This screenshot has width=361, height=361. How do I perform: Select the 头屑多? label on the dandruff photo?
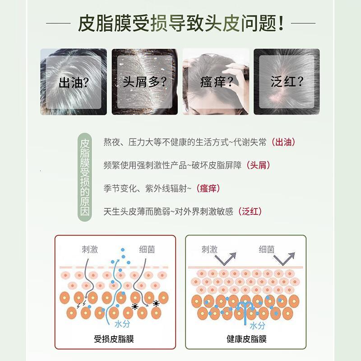click(144, 82)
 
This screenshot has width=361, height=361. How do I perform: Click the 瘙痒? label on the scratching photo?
click(216, 82)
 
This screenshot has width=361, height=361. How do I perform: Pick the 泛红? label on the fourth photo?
click(287, 82)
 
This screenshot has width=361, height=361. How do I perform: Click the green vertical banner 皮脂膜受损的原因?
click(85, 176)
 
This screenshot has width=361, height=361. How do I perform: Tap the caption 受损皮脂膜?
click(114, 338)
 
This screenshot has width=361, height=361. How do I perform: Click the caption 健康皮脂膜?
click(246, 338)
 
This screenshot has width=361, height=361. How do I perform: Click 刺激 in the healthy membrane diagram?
click(209, 249)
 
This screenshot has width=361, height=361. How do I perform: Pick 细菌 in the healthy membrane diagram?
click(267, 249)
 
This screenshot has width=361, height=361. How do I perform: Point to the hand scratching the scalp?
click(235, 72)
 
